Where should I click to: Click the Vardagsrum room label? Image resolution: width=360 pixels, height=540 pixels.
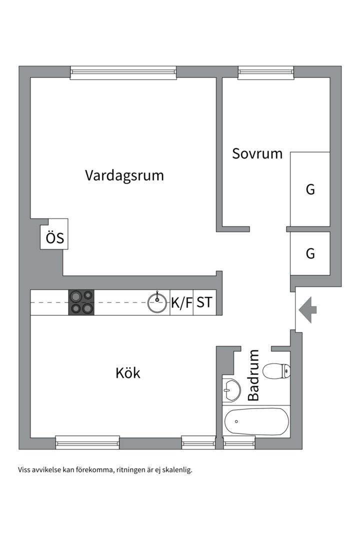[124, 175]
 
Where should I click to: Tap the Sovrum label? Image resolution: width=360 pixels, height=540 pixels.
[257, 153]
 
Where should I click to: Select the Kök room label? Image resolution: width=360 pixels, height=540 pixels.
[128, 372]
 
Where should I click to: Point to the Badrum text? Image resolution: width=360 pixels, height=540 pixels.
[253, 375]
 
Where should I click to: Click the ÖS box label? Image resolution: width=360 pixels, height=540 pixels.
[55, 237]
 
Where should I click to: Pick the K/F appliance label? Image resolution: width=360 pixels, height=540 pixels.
[181, 302]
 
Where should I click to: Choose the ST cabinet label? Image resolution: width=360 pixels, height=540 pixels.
[204, 302]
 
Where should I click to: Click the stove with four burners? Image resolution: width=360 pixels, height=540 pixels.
[81, 302]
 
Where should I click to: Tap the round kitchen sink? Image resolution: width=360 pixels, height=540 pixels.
[157, 302]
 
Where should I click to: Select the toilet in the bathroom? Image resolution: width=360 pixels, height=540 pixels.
[276, 371]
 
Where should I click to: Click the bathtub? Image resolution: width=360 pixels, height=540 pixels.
[256, 422]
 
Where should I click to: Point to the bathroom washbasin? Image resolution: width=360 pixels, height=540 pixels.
[231, 390]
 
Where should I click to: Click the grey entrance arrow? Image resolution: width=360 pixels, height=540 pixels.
[307, 309]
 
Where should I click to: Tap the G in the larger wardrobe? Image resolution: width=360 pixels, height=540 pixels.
[310, 189]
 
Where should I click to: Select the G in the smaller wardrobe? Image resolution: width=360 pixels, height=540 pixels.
[310, 253]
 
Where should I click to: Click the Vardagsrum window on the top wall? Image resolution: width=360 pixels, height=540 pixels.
[123, 72]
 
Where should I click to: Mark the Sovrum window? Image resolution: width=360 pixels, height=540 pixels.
[266, 72]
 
